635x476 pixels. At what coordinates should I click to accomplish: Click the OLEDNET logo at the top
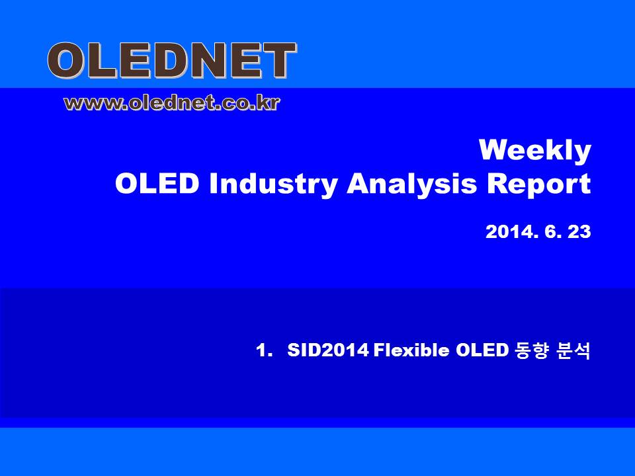172,61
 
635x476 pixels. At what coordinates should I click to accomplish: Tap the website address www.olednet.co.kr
172,103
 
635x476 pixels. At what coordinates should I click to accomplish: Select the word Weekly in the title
535,151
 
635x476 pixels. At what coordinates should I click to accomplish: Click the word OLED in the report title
157,184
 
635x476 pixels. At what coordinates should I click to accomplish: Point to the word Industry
273,185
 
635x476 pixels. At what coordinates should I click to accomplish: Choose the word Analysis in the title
411,185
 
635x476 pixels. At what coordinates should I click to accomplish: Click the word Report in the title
538,185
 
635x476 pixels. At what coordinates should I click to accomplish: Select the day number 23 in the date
579,232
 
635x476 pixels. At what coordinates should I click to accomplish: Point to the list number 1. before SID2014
264,350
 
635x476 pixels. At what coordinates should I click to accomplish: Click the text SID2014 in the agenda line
328,350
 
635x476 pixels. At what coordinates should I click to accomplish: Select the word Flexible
411,350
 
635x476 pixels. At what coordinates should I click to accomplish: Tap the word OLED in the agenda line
482,350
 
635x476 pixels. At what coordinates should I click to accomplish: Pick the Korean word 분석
574,350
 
